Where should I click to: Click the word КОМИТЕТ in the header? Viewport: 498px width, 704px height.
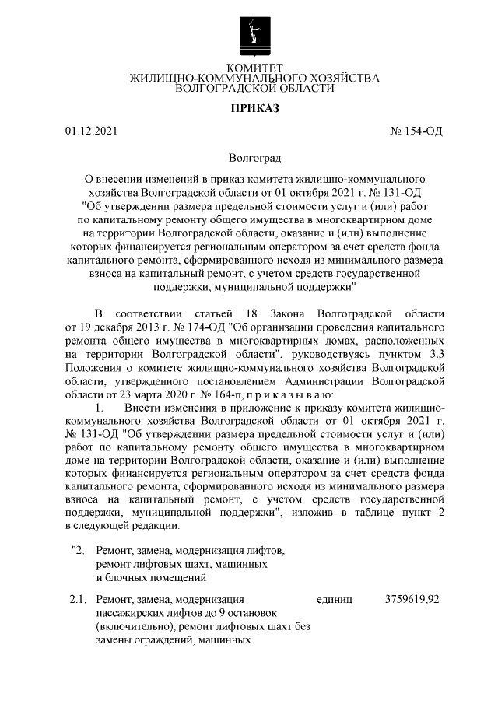coord(254,68)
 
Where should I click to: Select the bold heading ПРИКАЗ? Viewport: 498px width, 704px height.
coord(254,107)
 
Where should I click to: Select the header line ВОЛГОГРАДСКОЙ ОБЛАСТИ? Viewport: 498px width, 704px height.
coord(254,89)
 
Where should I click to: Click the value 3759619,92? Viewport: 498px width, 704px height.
coord(412,600)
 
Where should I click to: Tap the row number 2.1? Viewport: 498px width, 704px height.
coord(77,600)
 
